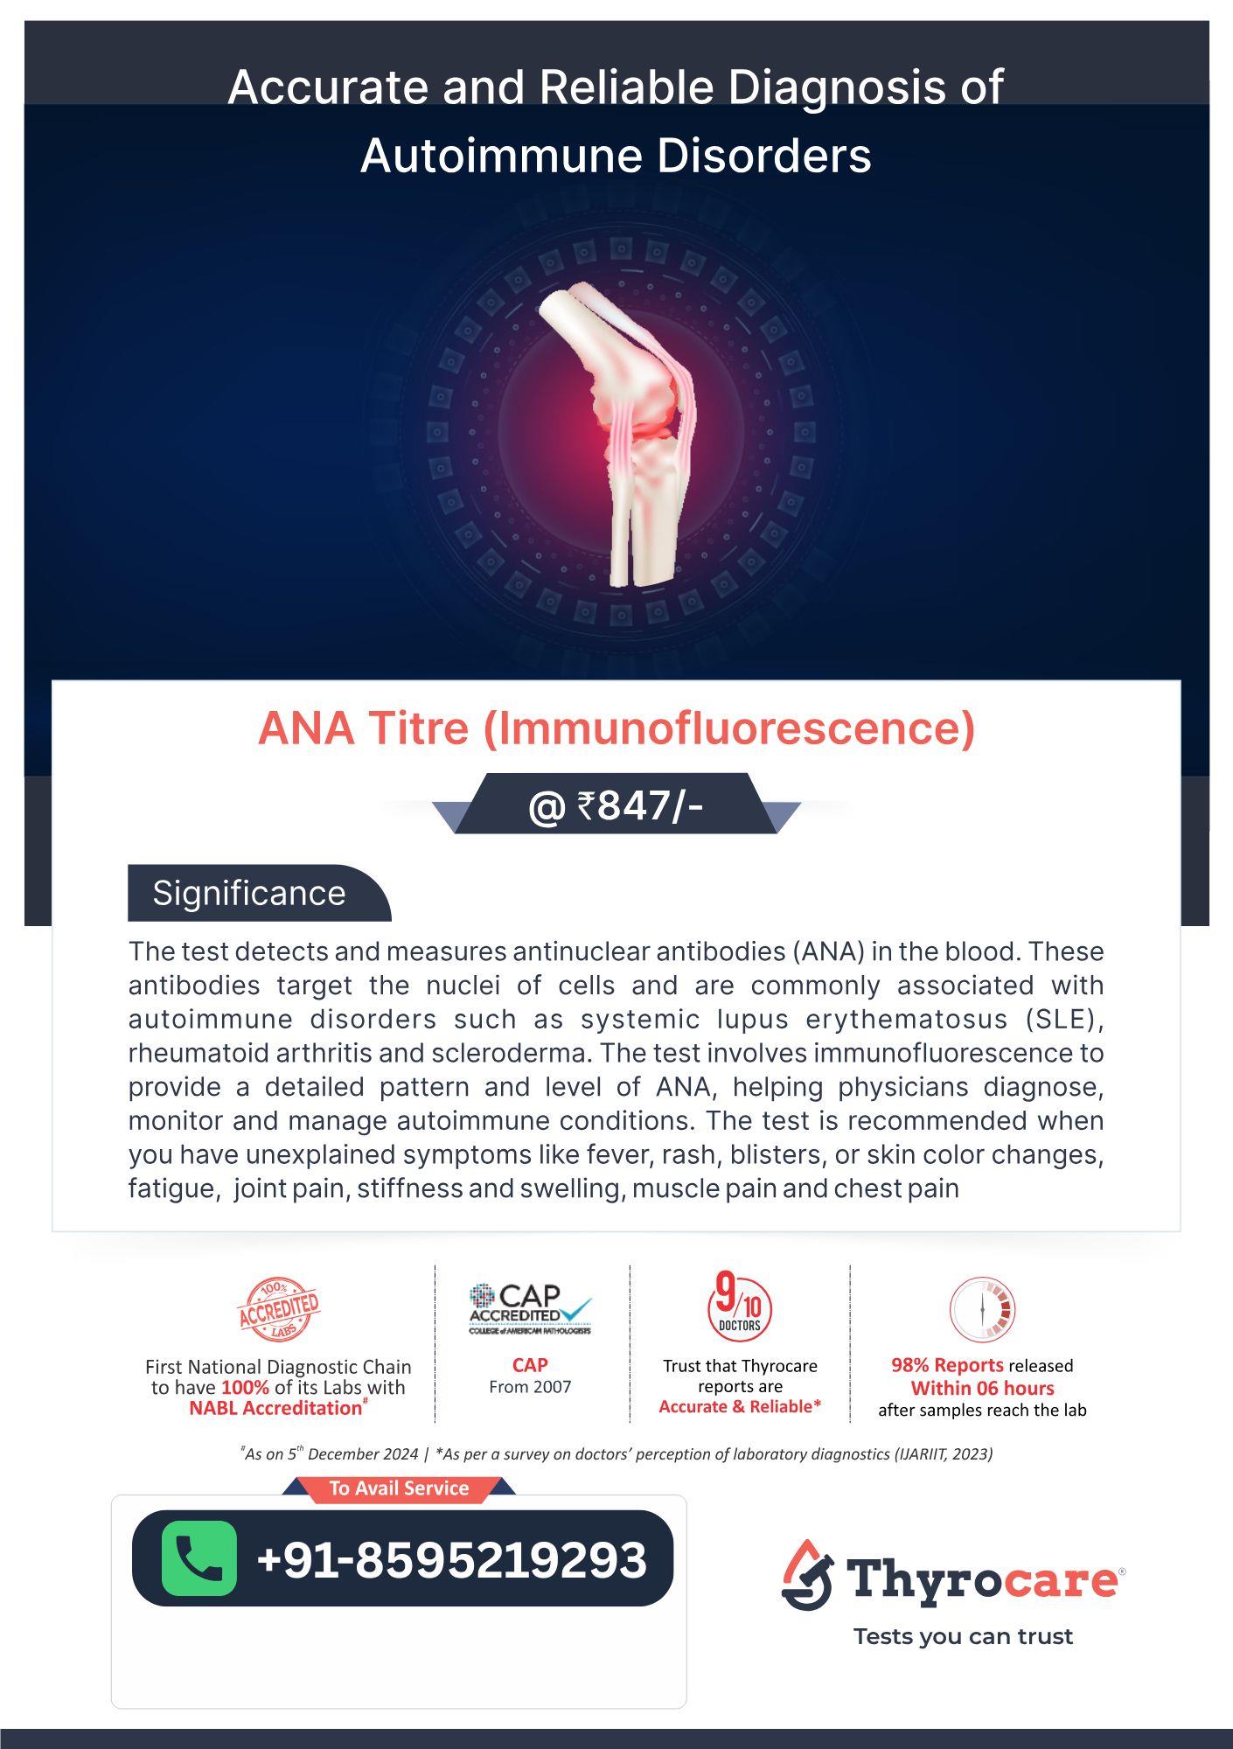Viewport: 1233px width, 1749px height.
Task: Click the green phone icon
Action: (199, 1558)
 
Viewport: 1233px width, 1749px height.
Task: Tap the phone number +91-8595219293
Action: (451, 1559)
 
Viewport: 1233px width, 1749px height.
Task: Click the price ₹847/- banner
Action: (616, 805)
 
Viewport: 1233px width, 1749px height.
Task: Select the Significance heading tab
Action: (250, 893)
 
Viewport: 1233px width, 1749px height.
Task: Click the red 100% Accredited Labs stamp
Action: (279, 1309)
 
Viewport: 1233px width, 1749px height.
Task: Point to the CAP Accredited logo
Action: (530, 1308)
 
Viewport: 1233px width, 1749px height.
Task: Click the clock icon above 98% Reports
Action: (982, 1309)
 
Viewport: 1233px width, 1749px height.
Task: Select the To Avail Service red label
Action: (399, 1488)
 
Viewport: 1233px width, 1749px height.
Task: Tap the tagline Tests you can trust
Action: (963, 1636)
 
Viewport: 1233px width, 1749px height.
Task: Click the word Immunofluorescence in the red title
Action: (728, 728)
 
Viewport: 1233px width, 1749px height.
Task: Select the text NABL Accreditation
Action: (275, 1408)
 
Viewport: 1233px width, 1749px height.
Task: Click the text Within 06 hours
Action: (982, 1388)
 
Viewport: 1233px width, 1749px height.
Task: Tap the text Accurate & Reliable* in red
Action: (740, 1406)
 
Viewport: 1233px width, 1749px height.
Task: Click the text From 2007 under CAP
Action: (530, 1386)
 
